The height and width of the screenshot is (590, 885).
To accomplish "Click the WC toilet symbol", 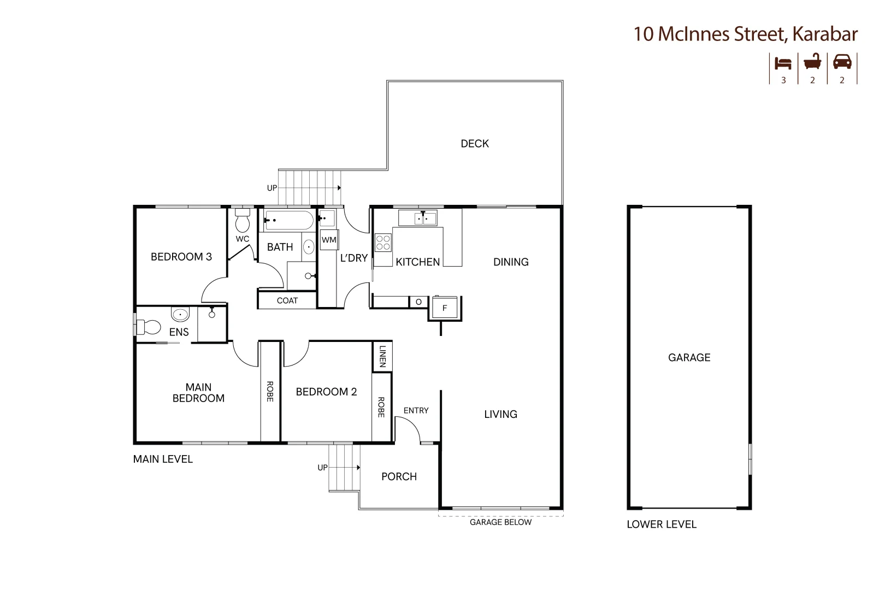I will point(242,221).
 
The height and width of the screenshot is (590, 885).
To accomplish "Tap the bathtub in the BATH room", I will point(288,221).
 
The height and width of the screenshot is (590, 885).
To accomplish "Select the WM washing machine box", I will point(329,240).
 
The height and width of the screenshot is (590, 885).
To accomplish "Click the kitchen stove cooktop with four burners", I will point(383,243).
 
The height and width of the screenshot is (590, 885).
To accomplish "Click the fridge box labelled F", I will point(444,308).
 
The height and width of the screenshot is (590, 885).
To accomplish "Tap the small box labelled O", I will point(418,302).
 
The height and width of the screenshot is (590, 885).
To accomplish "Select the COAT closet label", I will point(287,300).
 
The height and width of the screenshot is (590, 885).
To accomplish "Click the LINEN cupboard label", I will point(382,356).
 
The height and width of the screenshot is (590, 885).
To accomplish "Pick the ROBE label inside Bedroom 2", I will point(381,407).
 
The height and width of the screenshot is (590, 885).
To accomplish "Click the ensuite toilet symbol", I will point(149,327).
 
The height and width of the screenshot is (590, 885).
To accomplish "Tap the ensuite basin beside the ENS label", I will point(180,315).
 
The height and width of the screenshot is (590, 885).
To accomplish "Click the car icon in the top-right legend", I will point(842,62).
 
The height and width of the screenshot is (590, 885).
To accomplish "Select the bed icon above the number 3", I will point(783,63).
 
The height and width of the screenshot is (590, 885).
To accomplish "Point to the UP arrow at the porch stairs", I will point(358,468).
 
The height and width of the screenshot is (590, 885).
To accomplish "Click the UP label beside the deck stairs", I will point(272,188).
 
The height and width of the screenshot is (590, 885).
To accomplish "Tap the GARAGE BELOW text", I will point(500,522).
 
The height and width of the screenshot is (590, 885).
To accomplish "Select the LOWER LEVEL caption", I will point(661,524).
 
